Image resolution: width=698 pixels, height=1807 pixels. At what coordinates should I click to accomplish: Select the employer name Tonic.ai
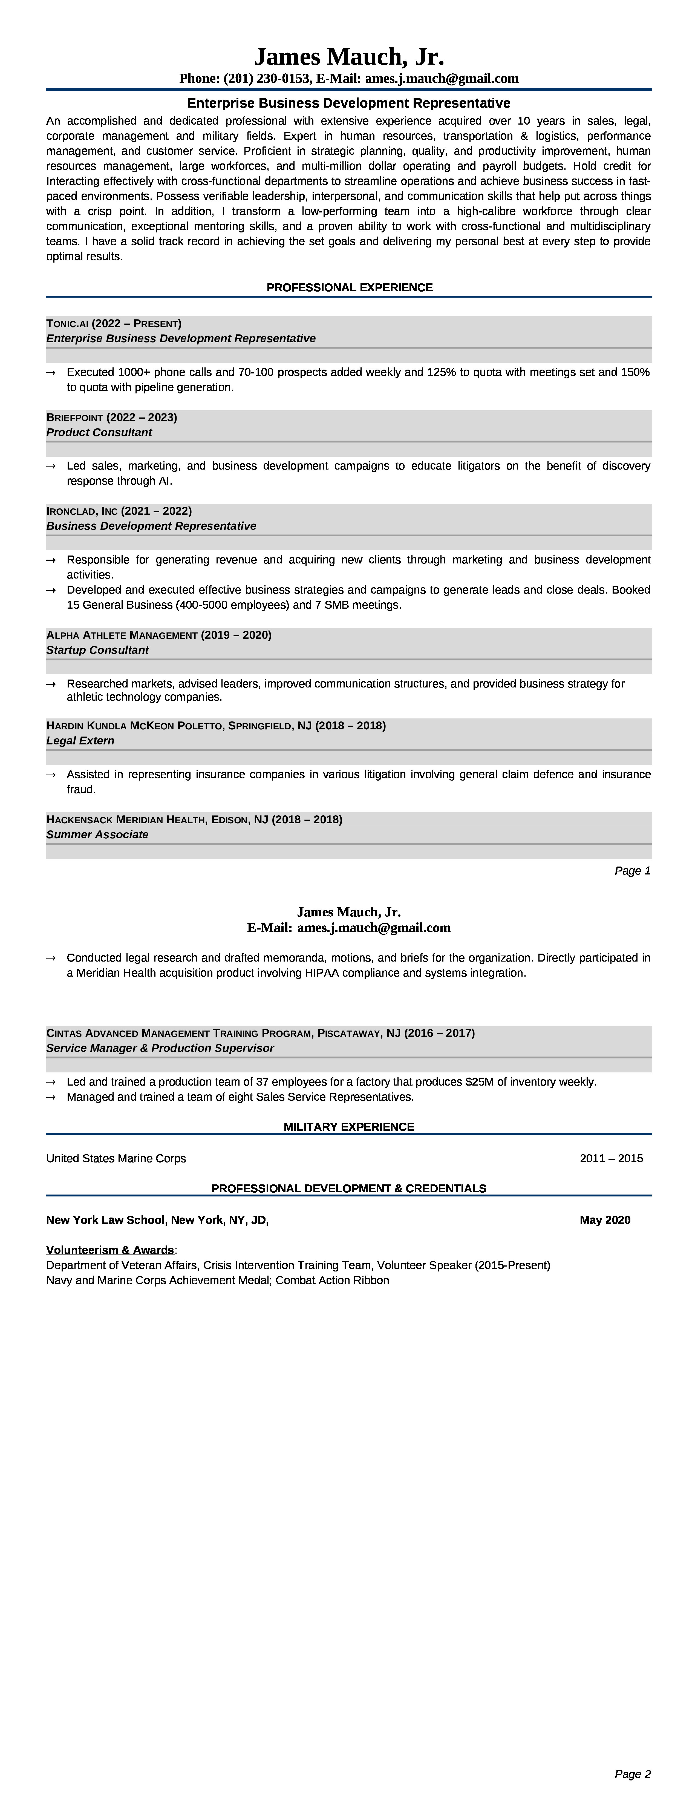tap(67, 323)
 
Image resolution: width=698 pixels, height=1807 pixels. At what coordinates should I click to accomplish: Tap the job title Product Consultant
tap(99, 432)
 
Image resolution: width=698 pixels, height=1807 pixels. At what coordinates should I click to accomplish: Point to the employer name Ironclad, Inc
tap(82, 511)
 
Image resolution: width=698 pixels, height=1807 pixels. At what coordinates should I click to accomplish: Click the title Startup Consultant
tap(97, 650)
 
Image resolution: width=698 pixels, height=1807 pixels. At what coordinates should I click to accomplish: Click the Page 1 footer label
tap(632, 871)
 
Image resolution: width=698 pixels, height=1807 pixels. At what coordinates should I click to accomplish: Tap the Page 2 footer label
tap(632, 1774)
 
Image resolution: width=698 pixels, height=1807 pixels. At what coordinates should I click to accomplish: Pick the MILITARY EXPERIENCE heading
tap(349, 1127)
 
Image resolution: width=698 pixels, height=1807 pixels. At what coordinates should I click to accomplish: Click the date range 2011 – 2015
tap(611, 1158)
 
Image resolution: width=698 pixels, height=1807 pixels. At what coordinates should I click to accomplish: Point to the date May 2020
tap(605, 1220)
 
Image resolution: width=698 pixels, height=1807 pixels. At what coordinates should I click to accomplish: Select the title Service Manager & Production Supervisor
tap(160, 1048)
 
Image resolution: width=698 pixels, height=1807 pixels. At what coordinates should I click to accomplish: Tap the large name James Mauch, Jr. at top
tap(349, 56)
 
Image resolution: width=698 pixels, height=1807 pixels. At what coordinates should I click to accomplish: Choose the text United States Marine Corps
tap(116, 1158)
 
